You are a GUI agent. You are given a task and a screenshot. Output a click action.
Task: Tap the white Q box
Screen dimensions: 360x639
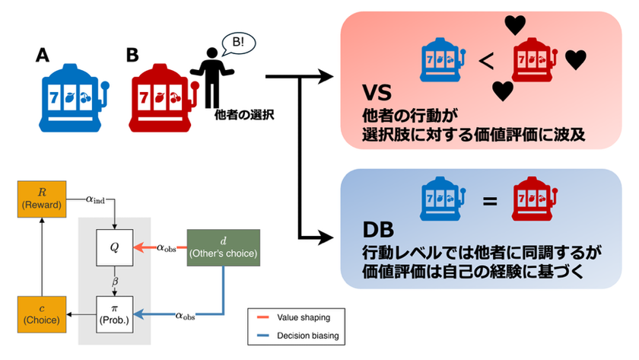click(115, 247)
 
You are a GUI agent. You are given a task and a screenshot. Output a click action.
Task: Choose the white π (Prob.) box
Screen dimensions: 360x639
click(115, 312)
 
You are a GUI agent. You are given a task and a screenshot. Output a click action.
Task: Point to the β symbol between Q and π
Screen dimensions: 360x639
click(115, 281)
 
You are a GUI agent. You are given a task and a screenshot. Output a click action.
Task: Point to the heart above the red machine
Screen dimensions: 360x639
click(516, 25)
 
